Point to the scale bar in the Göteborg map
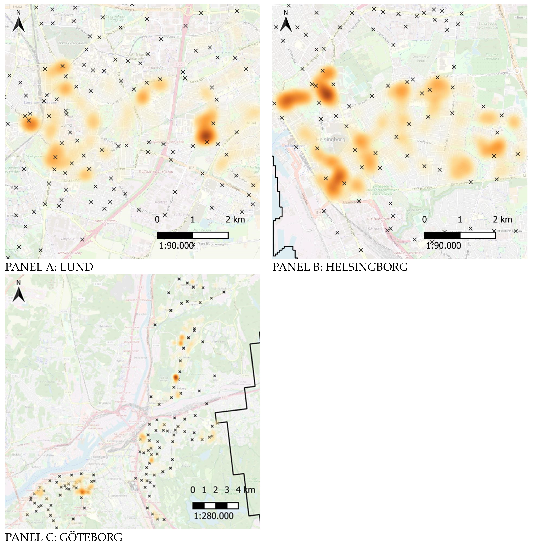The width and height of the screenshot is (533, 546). (215, 505)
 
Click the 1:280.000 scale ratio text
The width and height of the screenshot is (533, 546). (214, 516)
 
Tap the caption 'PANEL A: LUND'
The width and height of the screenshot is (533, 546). (49, 267)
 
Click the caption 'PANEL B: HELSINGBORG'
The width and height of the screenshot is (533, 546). (340, 267)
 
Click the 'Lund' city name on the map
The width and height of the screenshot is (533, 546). (66, 125)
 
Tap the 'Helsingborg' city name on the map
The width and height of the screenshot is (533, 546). (330, 139)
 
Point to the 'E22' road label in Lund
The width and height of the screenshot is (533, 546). (179, 65)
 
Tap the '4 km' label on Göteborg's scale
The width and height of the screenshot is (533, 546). (245, 490)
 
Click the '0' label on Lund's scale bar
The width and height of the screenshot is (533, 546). (157, 220)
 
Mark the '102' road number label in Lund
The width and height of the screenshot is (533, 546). (191, 168)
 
